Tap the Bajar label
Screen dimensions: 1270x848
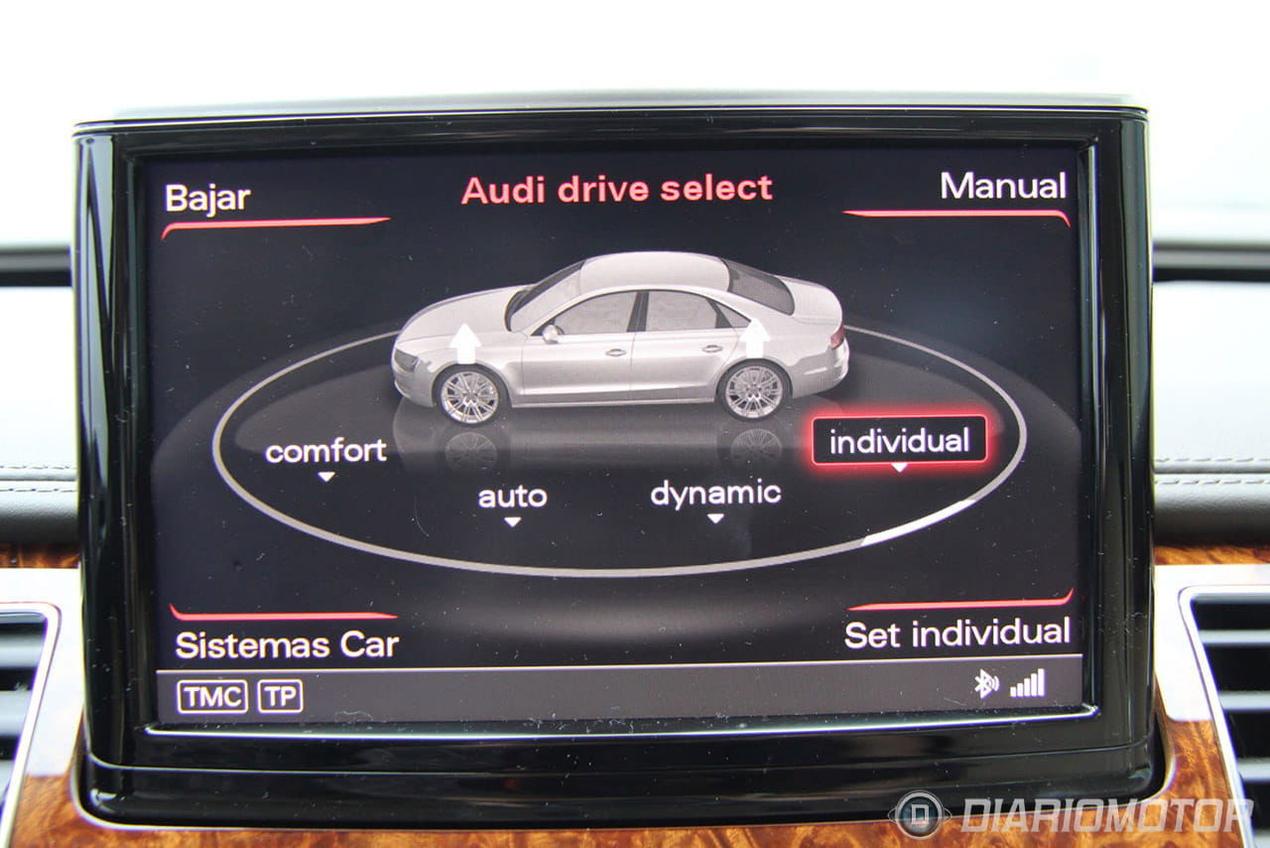pos(207,199)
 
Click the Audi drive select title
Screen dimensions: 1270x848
pos(617,189)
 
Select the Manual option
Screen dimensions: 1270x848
pos(1003,186)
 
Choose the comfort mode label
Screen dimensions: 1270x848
pos(325,452)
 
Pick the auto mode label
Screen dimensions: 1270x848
pos(513,496)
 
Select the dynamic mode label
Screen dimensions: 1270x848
pos(715,494)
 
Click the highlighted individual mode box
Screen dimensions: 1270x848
pos(899,441)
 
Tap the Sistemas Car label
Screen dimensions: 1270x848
pos(287,645)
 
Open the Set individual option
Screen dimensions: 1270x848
pos(957,634)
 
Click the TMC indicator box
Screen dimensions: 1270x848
pos(212,696)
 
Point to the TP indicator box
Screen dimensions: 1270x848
pos(280,696)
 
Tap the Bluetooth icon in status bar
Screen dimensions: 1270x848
pos(986,683)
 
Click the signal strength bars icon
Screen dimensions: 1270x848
pos(1027,683)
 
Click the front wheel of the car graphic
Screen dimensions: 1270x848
pos(470,395)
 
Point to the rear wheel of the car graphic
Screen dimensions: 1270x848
pos(753,390)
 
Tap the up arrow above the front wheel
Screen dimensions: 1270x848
pos(465,343)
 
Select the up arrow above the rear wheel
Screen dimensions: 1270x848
pos(755,338)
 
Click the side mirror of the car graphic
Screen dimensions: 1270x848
pos(551,334)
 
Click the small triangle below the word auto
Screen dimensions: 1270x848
pos(513,521)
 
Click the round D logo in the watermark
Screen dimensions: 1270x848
pos(919,814)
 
